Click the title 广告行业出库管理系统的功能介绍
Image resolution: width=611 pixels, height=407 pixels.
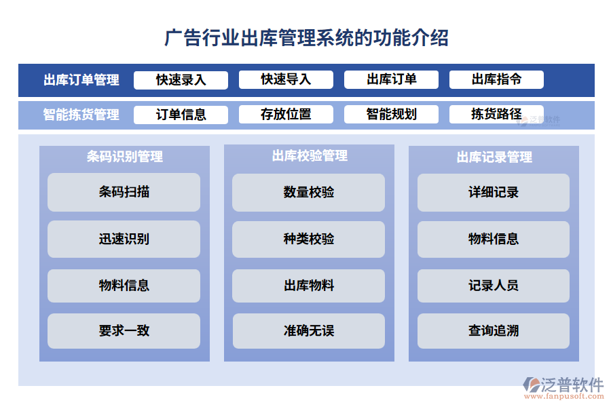coord(306,37)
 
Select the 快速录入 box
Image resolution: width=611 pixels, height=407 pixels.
coord(181,80)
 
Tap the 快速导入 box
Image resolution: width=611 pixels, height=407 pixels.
coord(286,80)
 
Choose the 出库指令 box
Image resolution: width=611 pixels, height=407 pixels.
coord(496,80)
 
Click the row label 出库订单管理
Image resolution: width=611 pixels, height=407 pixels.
coord(81,80)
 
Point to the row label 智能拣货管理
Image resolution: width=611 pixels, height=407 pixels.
coord(81,115)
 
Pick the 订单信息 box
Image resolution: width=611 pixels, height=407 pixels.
coord(181,115)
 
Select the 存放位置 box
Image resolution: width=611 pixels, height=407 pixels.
coord(286,115)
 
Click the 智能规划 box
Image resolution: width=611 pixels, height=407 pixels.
coord(391,115)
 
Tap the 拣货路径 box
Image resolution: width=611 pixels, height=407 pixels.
coord(496,115)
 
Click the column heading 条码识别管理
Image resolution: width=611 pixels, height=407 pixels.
coord(124,157)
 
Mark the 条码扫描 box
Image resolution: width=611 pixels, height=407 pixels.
coord(124,192)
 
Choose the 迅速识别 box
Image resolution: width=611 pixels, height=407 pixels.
coord(124,239)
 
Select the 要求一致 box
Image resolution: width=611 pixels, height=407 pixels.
coord(124,331)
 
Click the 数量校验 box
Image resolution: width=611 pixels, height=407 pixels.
coord(309,192)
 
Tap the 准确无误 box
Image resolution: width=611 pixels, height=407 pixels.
coord(309,331)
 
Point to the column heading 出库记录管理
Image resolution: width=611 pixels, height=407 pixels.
coord(494,157)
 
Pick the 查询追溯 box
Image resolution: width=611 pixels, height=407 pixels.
coord(494,331)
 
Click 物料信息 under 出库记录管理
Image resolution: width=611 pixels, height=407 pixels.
coord(494,239)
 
